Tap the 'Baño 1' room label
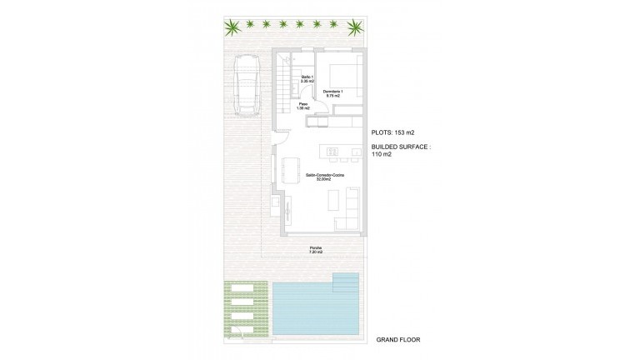coord(306,77)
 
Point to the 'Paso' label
coord(303,104)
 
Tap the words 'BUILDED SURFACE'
coord(402,146)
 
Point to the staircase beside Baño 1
coord(288,84)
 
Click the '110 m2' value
coord(382,154)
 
